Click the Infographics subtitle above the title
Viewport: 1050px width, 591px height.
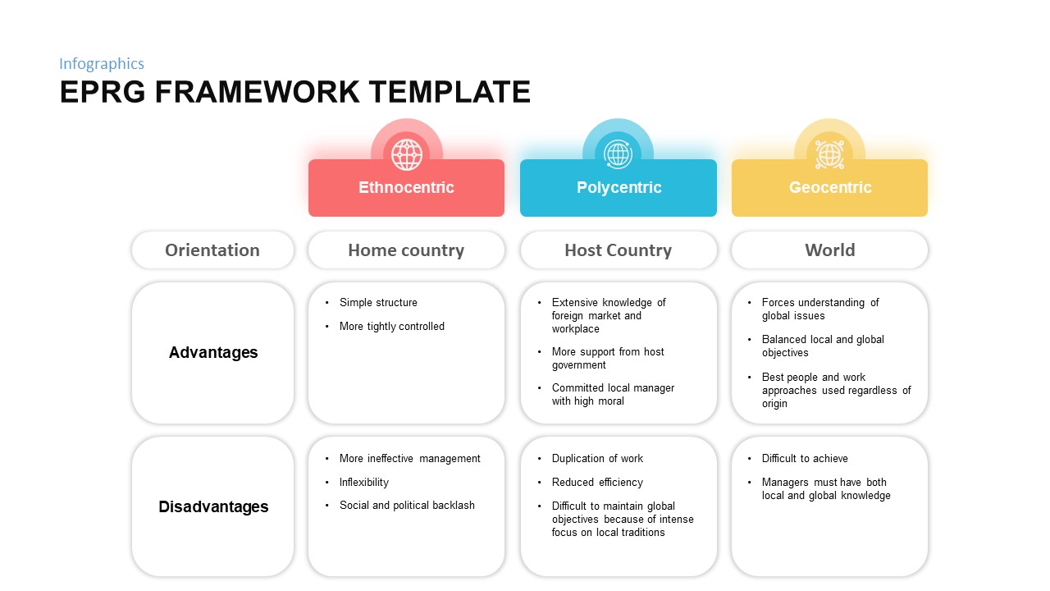pyautogui.click(x=102, y=64)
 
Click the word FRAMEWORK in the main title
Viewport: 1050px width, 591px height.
pyautogui.click(x=257, y=93)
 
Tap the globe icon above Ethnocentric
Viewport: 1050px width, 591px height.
pyautogui.click(x=407, y=154)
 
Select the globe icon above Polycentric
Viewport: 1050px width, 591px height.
pyautogui.click(x=618, y=154)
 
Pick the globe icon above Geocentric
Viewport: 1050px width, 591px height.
pyautogui.click(x=829, y=154)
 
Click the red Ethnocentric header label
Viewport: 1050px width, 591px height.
pyautogui.click(x=406, y=188)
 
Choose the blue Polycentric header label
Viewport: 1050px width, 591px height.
pyautogui.click(x=619, y=188)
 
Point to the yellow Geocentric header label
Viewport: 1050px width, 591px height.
pyautogui.click(x=830, y=188)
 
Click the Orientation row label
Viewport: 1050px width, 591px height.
pyautogui.click(x=212, y=250)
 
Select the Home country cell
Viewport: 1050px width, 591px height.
pyautogui.click(x=406, y=250)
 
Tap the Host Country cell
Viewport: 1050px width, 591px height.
pyautogui.click(x=618, y=250)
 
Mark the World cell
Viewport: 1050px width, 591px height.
pyautogui.click(x=830, y=250)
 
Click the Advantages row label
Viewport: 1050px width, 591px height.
pyautogui.click(x=213, y=353)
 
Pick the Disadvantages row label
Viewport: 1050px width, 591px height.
pyautogui.click(x=213, y=506)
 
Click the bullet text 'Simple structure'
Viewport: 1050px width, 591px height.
pyautogui.click(x=378, y=303)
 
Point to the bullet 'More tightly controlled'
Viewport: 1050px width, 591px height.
pyautogui.click(x=392, y=327)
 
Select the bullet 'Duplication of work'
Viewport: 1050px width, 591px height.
pyautogui.click(x=597, y=459)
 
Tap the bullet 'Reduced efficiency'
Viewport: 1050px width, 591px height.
pyautogui.click(x=597, y=483)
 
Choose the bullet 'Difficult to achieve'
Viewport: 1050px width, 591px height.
pyautogui.click(x=805, y=459)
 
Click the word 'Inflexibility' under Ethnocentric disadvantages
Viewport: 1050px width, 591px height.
pyautogui.click(x=364, y=483)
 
